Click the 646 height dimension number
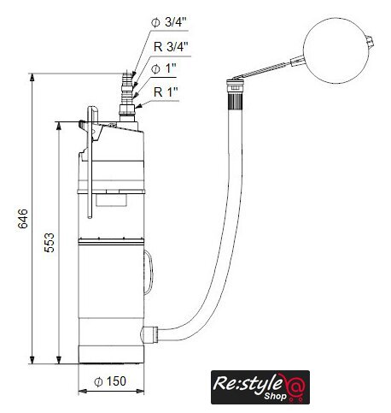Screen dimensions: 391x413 point(23,219)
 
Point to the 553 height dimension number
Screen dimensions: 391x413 point(50,243)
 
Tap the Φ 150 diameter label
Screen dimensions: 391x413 point(110,381)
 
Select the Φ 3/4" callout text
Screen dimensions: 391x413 point(169,22)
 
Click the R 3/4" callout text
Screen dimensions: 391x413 point(171,47)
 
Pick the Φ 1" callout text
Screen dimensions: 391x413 point(164,68)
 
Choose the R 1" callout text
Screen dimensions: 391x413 point(166,92)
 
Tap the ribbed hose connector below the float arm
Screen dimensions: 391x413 point(236,100)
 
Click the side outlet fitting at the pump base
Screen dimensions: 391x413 point(149,335)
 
